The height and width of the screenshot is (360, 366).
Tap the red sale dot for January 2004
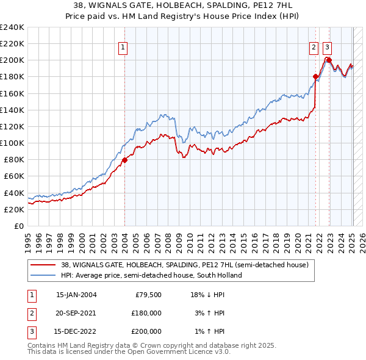click(124, 160)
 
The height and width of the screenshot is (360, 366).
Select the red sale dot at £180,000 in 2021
click(315, 77)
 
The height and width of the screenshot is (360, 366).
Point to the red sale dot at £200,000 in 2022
click(329, 60)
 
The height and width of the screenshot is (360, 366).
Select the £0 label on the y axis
click(18, 226)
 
